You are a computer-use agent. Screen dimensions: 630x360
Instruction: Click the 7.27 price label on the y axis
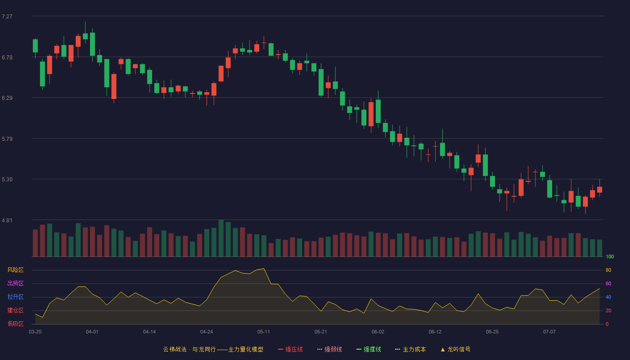pos(7,17)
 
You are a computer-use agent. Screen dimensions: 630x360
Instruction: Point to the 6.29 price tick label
pos(7,98)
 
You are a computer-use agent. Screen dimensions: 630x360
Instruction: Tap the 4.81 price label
pos(7,220)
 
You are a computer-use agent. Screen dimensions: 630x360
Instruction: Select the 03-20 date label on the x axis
pos(35,332)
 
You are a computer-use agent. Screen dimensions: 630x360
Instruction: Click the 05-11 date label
pos(264,332)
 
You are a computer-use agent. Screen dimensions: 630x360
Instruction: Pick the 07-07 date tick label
pos(549,332)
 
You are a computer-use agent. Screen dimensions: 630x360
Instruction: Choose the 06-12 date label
pos(435,332)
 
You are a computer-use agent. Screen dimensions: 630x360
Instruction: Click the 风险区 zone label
pos(15,270)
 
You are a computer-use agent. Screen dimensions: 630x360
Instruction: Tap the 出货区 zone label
pos(15,283)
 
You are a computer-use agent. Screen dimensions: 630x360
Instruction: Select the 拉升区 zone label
pos(15,297)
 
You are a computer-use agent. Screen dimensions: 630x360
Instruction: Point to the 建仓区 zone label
pos(15,310)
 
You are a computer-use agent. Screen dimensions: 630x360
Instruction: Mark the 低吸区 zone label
pos(15,324)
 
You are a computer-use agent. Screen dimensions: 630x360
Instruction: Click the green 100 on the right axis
pos(610,256)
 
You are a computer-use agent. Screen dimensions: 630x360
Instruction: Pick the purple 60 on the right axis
pos(608,283)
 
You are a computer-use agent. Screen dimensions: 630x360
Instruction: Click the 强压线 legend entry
pos(290,349)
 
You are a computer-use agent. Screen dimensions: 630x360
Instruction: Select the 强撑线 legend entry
pos(369,349)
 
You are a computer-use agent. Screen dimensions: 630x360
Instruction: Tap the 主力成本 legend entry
pos(410,349)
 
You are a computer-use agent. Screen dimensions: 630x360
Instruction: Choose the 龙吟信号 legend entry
pos(455,349)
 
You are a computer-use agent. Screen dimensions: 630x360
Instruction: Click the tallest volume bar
pos(221,238)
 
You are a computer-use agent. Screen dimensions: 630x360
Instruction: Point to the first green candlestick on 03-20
pos(35,46)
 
